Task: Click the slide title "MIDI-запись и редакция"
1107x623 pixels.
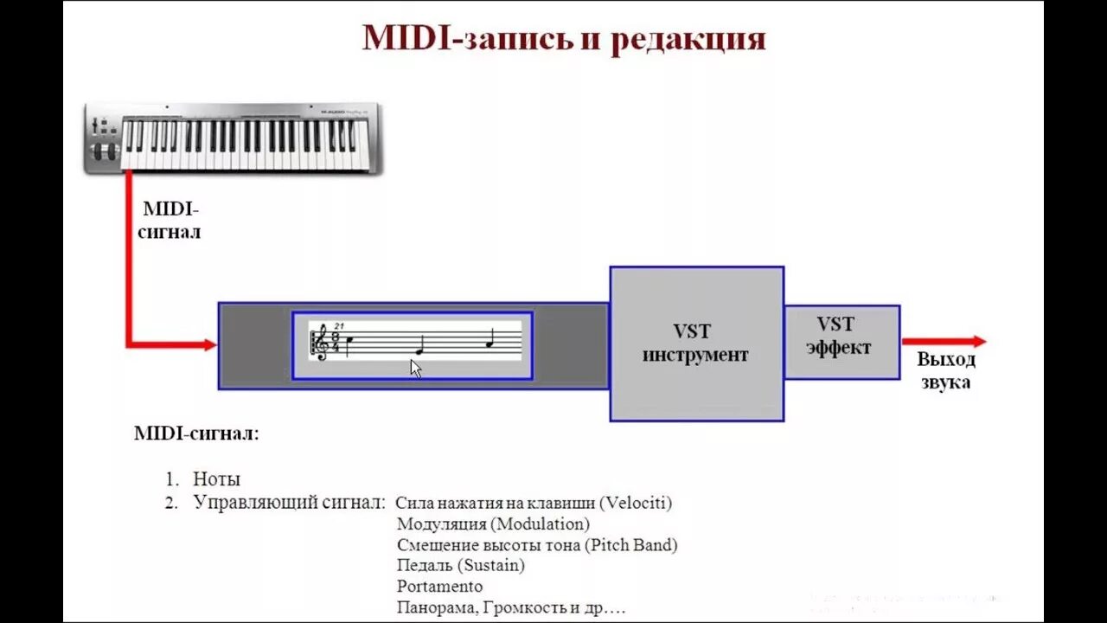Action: pos(563,40)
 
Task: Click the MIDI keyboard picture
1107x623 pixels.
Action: pos(234,138)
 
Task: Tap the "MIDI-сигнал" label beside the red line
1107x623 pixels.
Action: pos(170,221)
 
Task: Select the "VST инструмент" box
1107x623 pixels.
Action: pos(696,344)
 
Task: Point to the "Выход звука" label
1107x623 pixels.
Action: pos(946,371)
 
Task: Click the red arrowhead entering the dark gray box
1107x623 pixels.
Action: pos(209,345)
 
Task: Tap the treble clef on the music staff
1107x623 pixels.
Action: pos(321,343)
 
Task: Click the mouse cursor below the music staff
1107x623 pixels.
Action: pos(415,368)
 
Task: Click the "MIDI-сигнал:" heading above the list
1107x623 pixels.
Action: pos(196,434)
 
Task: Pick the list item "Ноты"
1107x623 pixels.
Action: pos(216,479)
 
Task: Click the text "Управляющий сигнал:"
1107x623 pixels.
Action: pos(289,503)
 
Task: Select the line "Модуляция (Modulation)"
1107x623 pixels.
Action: pos(493,524)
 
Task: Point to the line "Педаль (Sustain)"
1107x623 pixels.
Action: pos(461,566)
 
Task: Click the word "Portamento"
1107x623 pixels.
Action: pos(439,587)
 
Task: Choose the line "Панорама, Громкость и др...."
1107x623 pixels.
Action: pos(510,607)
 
